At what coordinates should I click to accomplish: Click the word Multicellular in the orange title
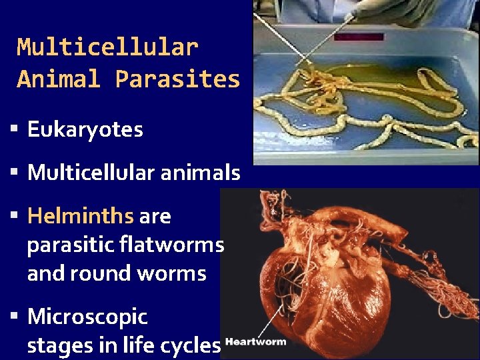[107, 47]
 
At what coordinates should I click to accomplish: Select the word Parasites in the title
[177, 79]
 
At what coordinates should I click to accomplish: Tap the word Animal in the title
[59, 79]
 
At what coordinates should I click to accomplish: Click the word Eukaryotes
[85, 129]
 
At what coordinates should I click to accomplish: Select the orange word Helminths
[80, 216]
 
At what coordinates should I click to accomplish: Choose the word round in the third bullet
[106, 274]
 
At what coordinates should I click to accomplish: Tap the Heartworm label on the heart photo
[256, 342]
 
